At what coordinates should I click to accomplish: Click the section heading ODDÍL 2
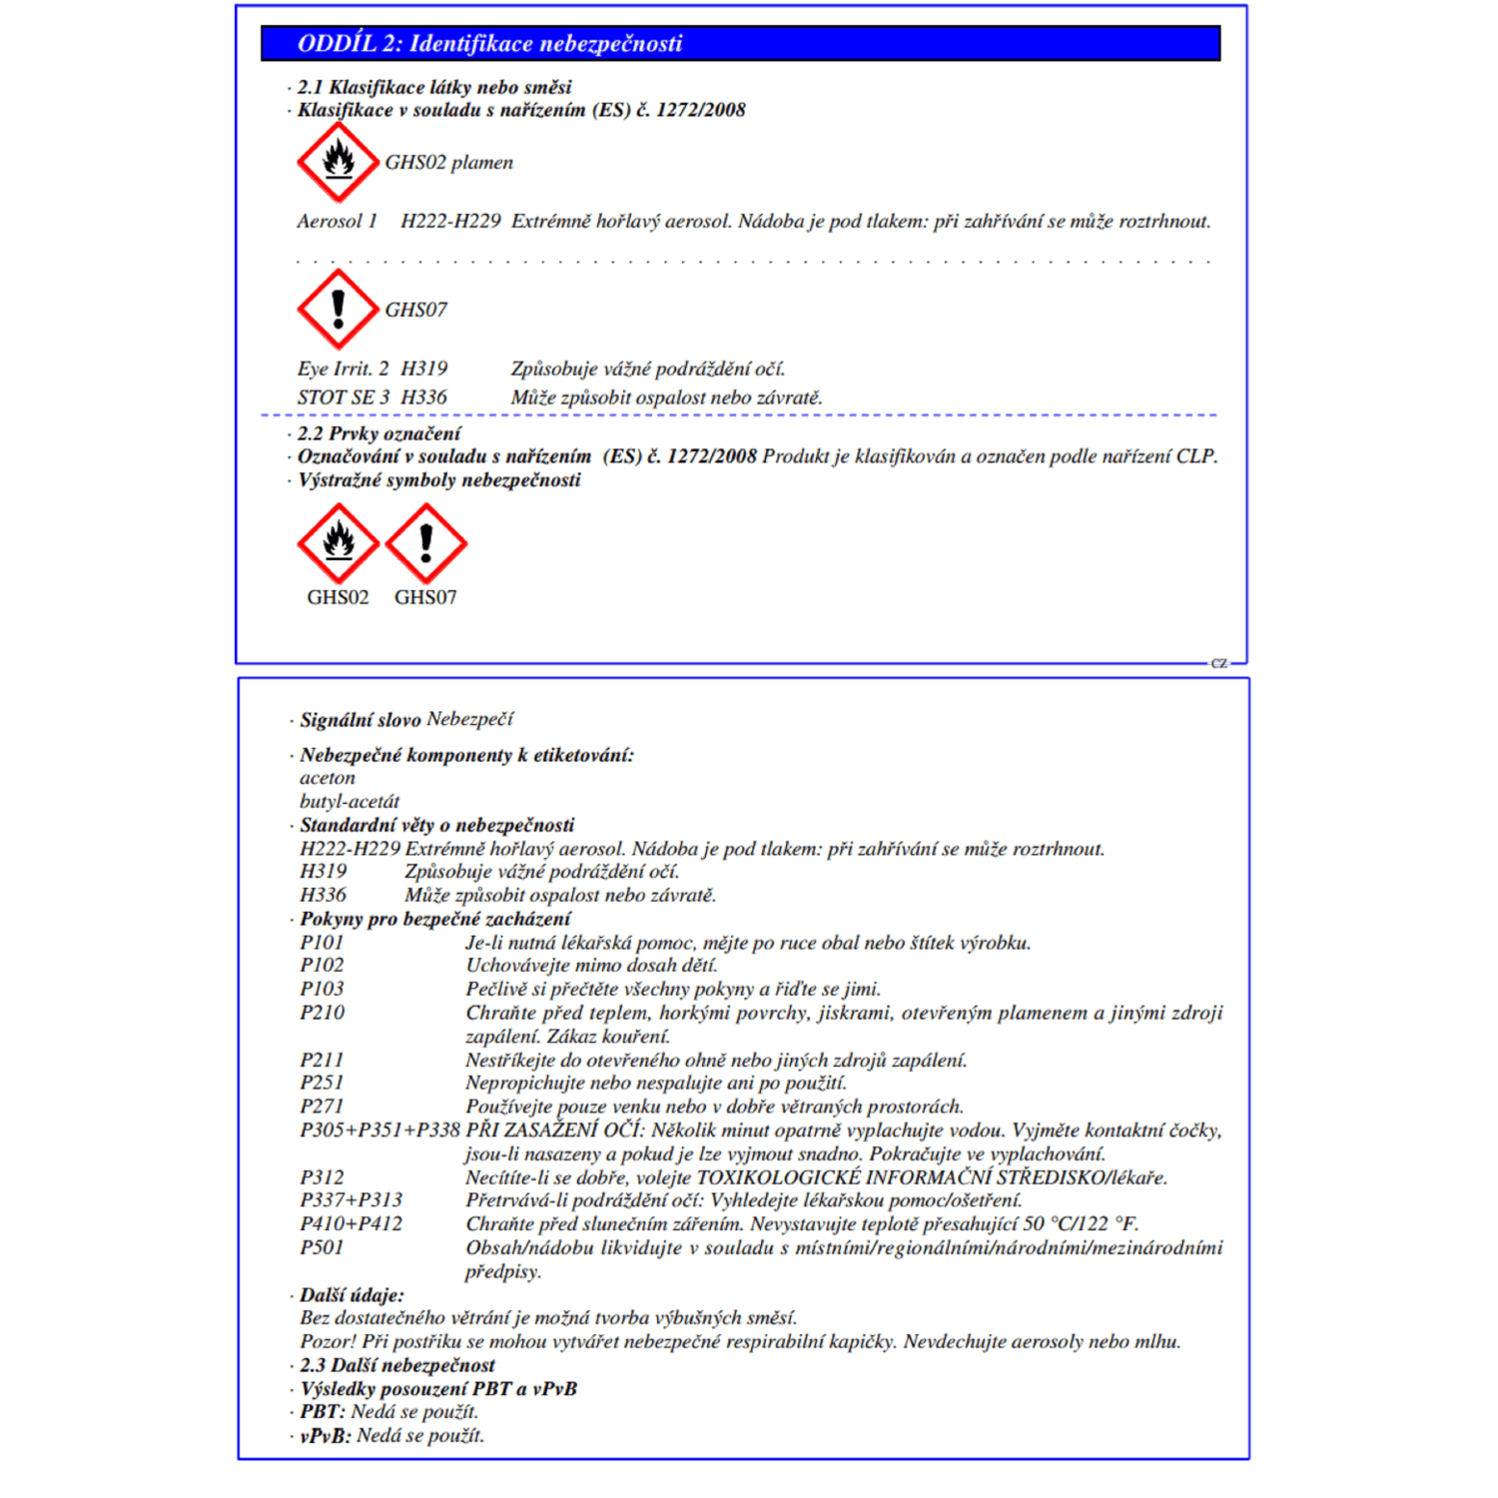489,44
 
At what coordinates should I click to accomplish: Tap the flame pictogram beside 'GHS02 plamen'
339,162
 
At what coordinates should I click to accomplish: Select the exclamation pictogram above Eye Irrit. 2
339,309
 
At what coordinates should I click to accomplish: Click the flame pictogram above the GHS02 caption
339,543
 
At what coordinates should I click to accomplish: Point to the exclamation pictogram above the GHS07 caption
426,543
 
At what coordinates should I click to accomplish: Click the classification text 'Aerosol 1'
338,222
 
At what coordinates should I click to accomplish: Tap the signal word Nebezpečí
469,719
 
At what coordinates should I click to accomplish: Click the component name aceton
328,778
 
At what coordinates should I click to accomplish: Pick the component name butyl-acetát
350,802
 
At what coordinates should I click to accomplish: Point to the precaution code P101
322,943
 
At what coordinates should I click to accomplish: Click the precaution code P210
323,1013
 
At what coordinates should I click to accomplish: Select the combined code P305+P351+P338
379,1130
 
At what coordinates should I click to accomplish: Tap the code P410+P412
352,1224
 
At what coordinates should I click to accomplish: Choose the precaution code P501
322,1247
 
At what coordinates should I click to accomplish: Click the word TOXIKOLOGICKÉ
778,1178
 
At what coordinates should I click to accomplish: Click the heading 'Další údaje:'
352,1295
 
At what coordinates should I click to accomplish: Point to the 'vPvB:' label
326,1436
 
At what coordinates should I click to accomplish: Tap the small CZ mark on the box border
1219,663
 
